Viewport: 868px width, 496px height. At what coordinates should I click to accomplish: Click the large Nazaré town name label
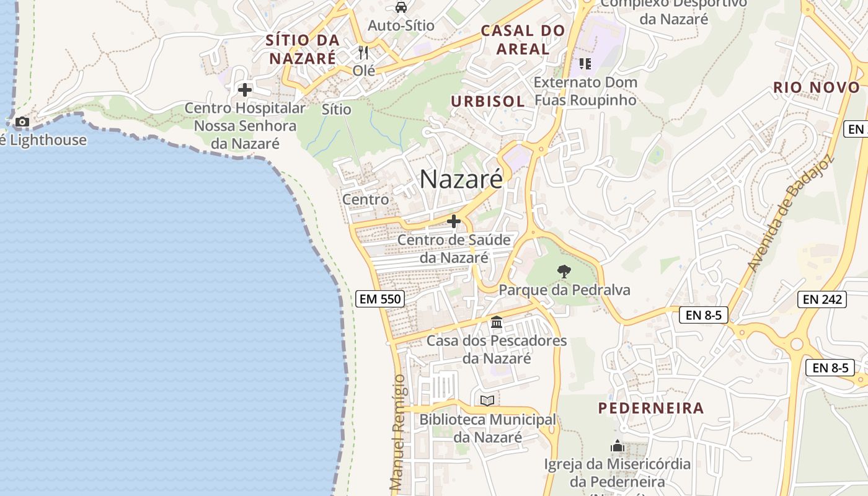click(461, 180)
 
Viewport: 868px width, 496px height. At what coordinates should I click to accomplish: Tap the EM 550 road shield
click(381, 299)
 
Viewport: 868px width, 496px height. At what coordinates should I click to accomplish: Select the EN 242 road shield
click(823, 299)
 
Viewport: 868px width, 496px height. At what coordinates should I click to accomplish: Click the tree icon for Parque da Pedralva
click(564, 271)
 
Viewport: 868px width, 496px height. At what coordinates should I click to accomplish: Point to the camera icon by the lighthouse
click(22, 122)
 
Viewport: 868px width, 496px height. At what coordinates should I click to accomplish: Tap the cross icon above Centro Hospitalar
click(245, 90)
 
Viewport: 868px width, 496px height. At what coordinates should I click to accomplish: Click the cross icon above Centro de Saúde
click(454, 221)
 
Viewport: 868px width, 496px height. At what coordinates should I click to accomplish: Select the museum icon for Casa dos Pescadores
click(497, 322)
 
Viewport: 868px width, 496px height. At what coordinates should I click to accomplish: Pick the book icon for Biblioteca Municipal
click(487, 401)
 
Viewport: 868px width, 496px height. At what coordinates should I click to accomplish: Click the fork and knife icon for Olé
click(363, 53)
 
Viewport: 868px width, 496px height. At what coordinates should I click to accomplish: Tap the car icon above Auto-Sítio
click(401, 7)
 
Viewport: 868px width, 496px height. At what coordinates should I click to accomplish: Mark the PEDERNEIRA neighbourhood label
click(651, 408)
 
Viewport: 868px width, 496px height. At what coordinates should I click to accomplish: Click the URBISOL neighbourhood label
click(487, 102)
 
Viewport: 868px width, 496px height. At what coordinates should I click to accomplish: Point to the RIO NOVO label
click(817, 87)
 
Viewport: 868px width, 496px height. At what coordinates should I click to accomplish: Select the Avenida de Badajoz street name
click(790, 214)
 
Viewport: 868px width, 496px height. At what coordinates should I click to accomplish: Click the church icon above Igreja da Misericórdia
click(617, 446)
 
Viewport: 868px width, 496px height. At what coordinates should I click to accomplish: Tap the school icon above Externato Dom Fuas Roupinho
click(585, 63)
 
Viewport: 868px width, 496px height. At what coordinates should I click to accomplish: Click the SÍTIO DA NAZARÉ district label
click(303, 50)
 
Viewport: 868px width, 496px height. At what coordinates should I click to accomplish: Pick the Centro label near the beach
click(366, 199)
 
